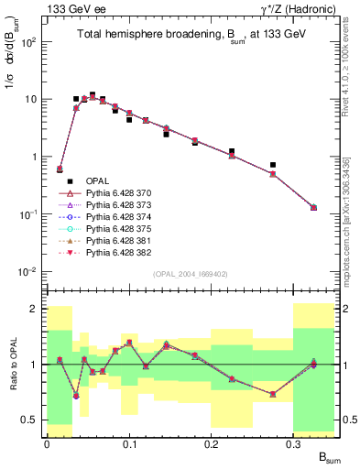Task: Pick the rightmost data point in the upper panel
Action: (x=314, y=208)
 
